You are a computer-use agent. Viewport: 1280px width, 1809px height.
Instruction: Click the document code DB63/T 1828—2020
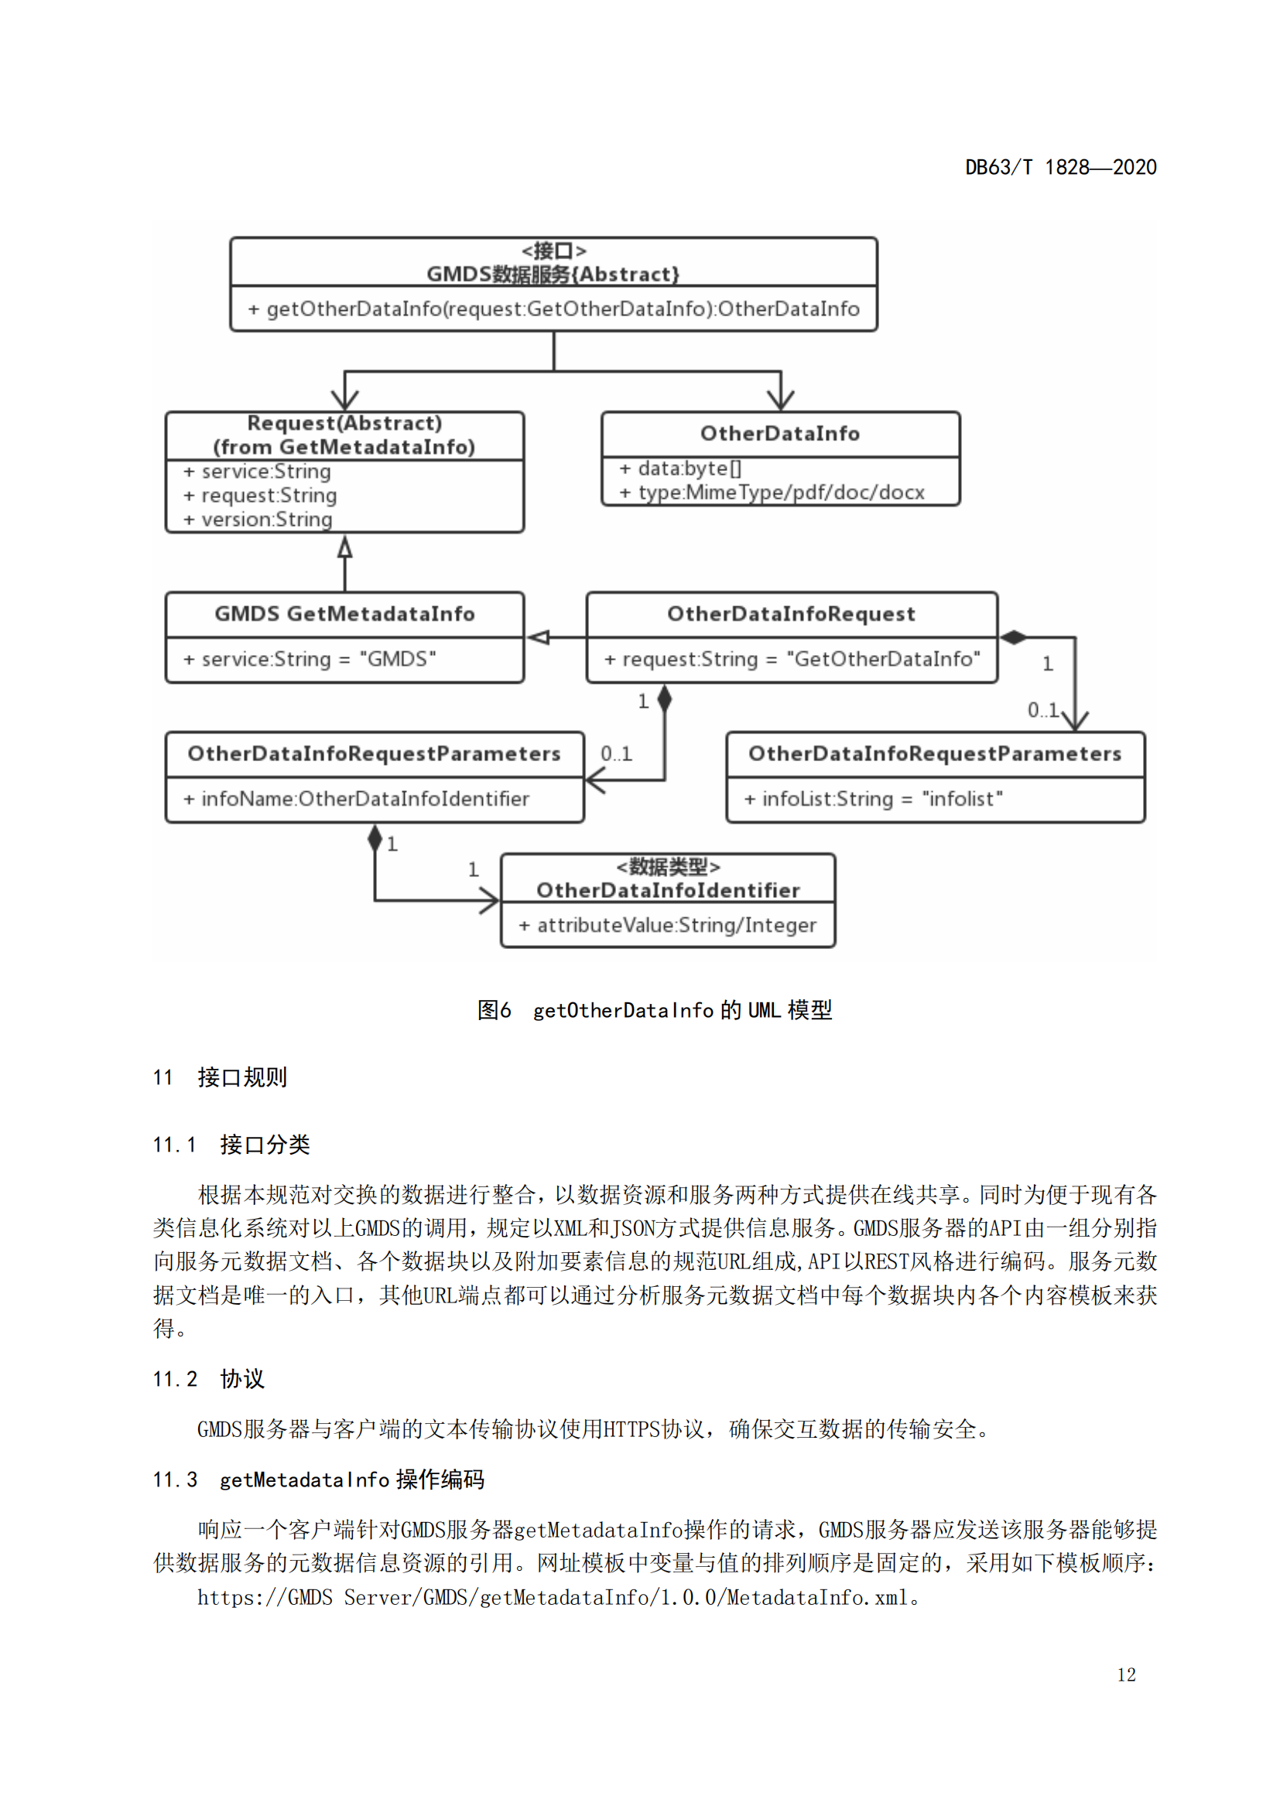[1060, 167]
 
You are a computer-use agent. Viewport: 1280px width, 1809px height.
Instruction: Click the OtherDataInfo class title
[779, 433]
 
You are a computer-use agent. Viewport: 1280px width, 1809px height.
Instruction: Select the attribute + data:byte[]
[681, 469]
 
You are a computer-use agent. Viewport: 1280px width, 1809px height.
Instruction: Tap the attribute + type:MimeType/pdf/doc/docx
[772, 493]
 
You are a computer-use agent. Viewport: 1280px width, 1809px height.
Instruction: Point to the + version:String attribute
[258, 519]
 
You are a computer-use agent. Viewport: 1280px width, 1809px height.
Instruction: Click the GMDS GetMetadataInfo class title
[344, 614]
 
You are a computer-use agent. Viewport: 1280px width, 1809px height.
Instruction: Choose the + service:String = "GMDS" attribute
[310, 659]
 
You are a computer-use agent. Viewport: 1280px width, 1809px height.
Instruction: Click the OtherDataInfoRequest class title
[791, 614]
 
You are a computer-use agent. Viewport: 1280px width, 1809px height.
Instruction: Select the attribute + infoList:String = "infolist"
[873, 799]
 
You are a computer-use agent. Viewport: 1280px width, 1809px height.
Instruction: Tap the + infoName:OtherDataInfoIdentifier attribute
[356, 799]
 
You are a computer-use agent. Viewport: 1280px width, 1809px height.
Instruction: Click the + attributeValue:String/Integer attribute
[668, 925]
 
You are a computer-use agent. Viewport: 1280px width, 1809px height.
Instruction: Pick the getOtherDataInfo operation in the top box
[553, 309]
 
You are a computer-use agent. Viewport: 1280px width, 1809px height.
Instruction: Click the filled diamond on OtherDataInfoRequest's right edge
[1014, 637]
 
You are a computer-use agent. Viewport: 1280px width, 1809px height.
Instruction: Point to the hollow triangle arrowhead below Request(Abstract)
[344, 547]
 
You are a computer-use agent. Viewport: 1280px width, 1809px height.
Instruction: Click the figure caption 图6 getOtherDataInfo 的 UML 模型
[654, 1010]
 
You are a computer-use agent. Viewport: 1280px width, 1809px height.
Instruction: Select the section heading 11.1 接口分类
[231, 1144]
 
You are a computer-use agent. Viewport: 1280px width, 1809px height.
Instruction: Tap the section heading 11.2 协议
[209, 1379]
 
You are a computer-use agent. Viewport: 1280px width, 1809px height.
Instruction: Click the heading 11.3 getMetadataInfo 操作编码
[318, 1480]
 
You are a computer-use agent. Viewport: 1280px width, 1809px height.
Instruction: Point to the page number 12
[1125, 1675]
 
